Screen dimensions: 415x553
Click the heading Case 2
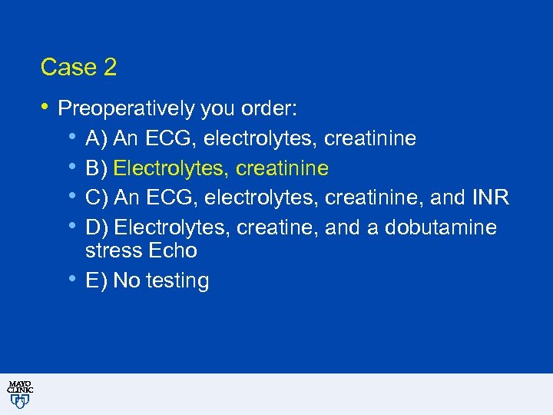78,68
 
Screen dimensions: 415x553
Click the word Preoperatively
126,109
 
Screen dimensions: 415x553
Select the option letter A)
97,138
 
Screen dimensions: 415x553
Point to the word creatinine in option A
370,138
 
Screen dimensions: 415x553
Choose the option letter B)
97,168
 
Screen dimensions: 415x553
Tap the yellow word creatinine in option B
283,168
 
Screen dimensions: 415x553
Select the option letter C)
97,198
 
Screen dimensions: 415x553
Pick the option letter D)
97,228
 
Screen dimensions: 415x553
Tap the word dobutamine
441,228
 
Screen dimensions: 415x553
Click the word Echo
174,251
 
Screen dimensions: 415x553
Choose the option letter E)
97,281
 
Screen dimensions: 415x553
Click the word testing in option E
177,281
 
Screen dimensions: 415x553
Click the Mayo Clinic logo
20,394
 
